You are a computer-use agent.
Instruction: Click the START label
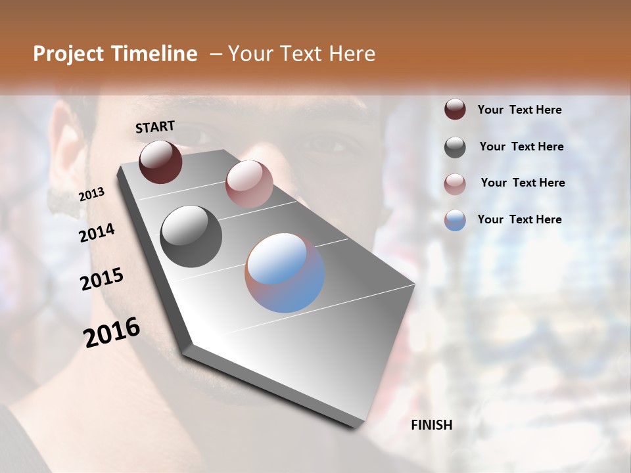pos(155,127)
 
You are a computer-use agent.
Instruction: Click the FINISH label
pos(432,425)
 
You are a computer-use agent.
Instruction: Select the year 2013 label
pos(91,194)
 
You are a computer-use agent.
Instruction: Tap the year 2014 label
pos(97,233)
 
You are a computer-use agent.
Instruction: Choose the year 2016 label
pos(112,332)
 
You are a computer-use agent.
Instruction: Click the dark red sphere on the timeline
pos(160,162)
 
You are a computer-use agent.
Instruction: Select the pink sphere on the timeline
pos(249,184)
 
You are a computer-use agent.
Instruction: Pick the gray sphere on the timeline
pos(191,236)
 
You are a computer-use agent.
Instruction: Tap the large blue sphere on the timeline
pos(285,273)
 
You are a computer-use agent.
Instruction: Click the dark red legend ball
pos(455,109)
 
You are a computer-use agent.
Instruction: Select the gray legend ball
pos(455,147)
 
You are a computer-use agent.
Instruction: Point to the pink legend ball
pos(455,184)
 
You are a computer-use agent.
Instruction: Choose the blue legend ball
pos(455,220)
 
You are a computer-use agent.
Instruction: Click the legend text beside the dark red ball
pos(519,110)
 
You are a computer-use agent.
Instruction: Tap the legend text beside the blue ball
pos(519,219)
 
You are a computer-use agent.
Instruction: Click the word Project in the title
pos(68,54)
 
